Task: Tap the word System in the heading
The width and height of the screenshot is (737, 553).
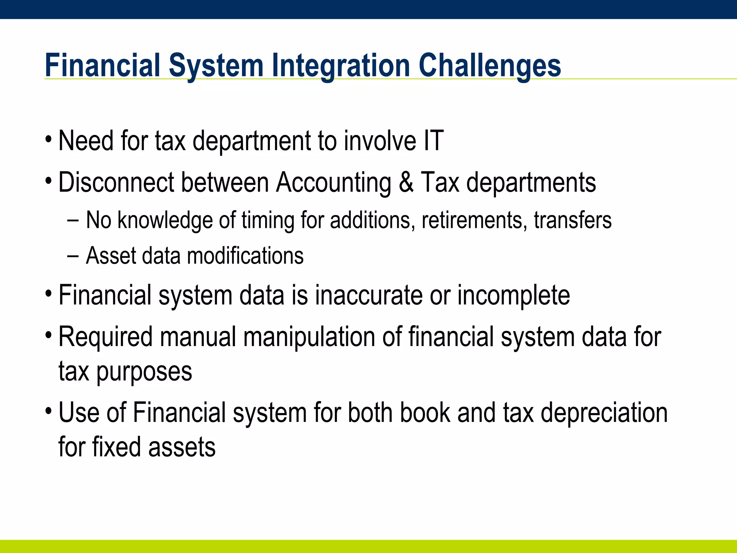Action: (216, 66)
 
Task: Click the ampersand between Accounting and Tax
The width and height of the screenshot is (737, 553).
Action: (406, 182)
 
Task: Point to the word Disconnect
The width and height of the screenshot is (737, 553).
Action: (116, 182)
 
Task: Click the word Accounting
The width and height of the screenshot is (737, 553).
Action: (333, 183)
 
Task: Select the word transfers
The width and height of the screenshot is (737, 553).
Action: (573, 220)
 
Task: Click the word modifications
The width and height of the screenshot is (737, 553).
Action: (245, 256)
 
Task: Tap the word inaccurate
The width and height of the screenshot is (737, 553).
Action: (369, 295)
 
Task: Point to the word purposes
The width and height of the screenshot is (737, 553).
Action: (144, 372)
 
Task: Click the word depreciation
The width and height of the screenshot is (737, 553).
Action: (604, 413)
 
